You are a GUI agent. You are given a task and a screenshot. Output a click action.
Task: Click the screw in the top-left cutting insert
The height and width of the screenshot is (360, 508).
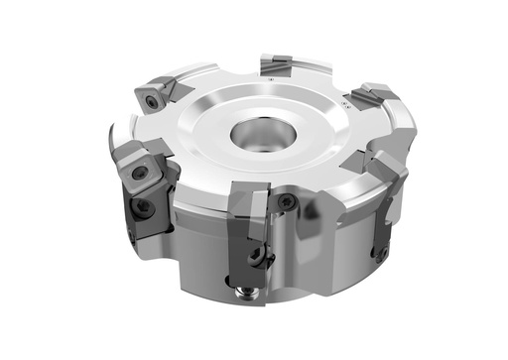point(152,100)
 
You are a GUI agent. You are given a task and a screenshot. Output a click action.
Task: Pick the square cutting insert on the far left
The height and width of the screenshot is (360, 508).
point(140,168)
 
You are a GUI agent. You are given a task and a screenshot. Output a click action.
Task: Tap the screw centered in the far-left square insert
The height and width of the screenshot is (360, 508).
point(141,173)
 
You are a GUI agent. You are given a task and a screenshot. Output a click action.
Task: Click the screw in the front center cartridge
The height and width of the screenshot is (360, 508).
point(257,255)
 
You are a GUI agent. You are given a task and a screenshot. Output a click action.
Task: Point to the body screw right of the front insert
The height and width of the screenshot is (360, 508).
point(288,202)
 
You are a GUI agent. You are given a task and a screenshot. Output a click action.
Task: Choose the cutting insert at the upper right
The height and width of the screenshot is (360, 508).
point(372,95)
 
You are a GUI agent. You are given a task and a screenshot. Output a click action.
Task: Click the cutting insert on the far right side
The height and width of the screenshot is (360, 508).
point(389,169)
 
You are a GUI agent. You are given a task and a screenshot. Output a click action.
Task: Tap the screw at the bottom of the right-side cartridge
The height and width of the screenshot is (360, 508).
point(380,254)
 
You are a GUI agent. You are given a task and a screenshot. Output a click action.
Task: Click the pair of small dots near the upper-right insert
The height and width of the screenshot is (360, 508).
point(346,104)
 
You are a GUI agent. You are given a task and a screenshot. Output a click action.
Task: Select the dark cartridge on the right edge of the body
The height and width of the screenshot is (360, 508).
point(381,233)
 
